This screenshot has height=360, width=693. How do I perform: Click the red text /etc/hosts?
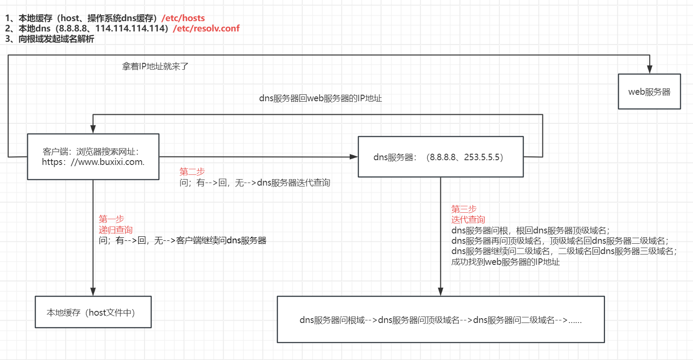183,18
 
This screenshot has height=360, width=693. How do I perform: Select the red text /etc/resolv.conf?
206,28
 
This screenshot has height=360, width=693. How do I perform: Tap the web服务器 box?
649,92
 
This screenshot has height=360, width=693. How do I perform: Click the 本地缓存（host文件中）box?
93,312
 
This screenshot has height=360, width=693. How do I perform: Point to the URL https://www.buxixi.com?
93,162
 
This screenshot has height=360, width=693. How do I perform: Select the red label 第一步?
111,219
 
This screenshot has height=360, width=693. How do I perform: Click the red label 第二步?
192,172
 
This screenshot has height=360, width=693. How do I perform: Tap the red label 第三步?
464,209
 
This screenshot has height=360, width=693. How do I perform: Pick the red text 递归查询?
115,230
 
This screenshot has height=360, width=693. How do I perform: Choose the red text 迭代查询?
468,220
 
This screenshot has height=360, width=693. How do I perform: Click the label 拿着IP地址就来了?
155,66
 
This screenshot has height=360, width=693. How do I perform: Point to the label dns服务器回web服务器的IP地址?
320,99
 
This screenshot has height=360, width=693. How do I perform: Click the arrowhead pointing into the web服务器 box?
649,70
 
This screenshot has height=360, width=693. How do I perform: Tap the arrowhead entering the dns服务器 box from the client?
354,157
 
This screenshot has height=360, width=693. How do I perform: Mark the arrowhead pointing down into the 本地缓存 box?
93,292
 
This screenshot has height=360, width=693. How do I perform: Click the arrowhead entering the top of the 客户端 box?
93,129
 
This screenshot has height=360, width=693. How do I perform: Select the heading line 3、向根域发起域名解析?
50,39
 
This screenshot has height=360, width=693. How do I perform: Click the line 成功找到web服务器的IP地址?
505,262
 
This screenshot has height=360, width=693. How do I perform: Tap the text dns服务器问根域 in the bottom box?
332,320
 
